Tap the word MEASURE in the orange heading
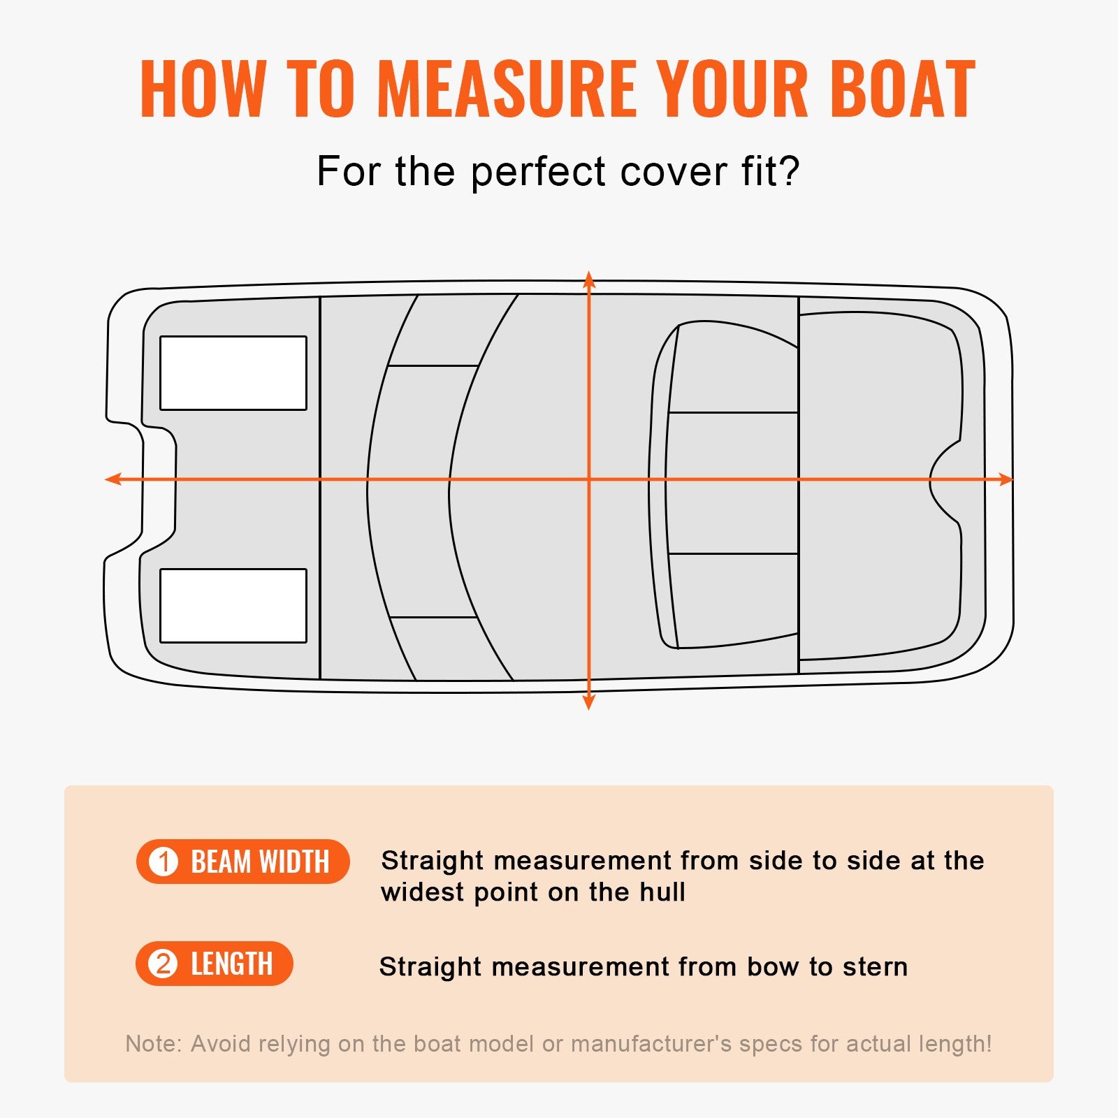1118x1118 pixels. coord(507,89)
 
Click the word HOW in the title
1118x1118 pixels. coord(202,89)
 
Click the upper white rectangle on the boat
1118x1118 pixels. coord(233,373)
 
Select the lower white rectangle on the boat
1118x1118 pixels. coord(233,606)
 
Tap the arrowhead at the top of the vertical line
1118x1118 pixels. coord(589,279)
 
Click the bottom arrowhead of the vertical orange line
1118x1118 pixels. coord(589,702)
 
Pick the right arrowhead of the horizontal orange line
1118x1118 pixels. coord(1006,479)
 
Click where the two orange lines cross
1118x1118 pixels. coord(589,479)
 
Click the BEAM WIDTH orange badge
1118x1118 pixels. coord(242,862)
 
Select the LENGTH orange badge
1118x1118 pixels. coord(214,964)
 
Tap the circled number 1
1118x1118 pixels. coord(164,862)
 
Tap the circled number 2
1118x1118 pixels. coord(163,964)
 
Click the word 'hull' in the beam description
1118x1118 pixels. coord(663,892)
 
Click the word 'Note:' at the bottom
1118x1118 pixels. coord(153,1044)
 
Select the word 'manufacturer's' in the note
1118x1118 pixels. coord(651,1044)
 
